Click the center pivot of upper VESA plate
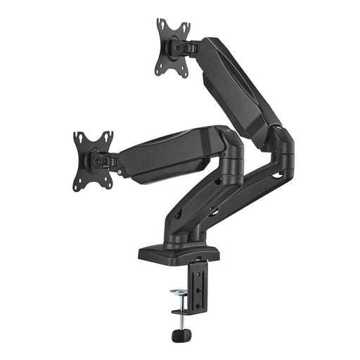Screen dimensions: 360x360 [x=176, y=47]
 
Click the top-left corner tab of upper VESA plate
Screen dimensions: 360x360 [x=160, y=23]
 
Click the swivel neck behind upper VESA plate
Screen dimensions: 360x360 [x=191, y=48]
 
